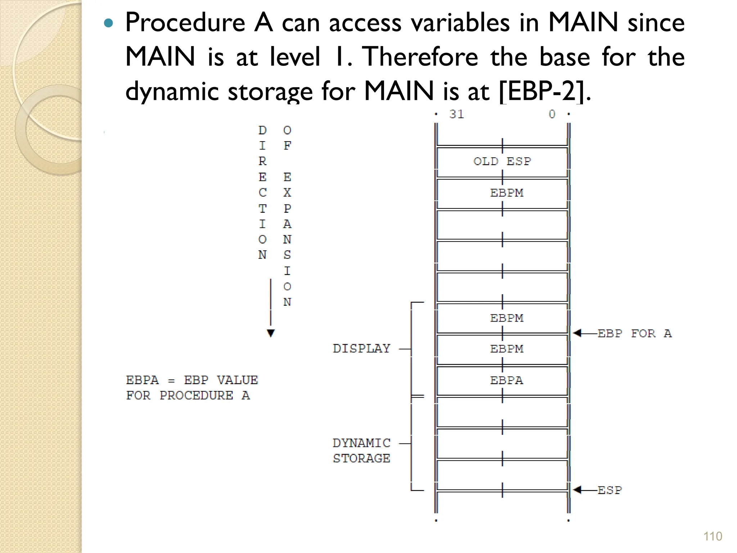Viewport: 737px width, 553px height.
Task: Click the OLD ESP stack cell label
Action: pos(502,161)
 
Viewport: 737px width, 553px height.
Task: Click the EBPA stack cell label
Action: pos(506,380)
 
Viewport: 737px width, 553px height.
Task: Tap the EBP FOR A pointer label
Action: pos(634,333)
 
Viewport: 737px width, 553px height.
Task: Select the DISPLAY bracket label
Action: pos(361,349)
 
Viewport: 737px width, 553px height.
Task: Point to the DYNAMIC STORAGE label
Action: pos(361,450)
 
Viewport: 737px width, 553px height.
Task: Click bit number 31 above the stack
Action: pos(456,114)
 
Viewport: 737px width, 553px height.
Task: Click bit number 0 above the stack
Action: pos(552,114)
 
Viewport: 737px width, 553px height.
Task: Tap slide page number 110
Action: pos(713,536)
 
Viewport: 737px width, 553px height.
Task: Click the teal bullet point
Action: pos(108,24)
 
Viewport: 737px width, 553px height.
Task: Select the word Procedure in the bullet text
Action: pos(185,22)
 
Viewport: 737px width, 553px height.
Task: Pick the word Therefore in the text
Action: pos(420,57)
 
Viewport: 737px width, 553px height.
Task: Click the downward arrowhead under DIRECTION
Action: pos(271,333)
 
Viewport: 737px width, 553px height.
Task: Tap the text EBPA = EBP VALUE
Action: pos(192,380)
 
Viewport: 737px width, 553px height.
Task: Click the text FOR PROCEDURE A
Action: pos(188,396)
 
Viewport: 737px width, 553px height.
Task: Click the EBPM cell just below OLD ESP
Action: pos(506,193)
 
